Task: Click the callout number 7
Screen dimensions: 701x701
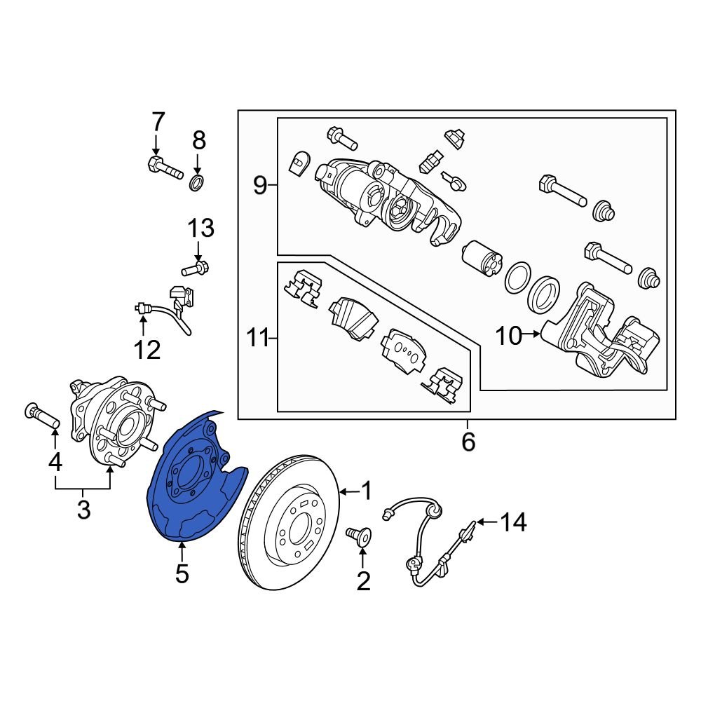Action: [x=156, y=123]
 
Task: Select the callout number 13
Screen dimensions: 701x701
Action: [x=200, y=229]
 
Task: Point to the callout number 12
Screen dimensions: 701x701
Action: [x=148, y=348]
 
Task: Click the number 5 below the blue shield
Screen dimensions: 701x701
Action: [x=182, y=574]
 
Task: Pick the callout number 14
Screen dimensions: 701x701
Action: [x=514, y=522]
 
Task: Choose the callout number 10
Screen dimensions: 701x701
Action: [x=508, y=336]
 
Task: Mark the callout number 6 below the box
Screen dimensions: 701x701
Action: [x=468, y=442]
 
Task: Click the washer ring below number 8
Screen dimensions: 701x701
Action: [x=198, y=184]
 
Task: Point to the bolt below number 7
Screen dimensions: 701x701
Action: [x=164, y=168]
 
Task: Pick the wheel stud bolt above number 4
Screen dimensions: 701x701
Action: [x=43, y=416]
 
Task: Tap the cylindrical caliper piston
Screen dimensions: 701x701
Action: [x=483, y=261]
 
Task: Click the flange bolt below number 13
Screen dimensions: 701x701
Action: [x=197, y=268]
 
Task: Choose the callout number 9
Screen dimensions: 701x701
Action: [x=259, y=186]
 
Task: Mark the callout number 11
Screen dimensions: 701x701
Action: [x=257, y=339]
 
